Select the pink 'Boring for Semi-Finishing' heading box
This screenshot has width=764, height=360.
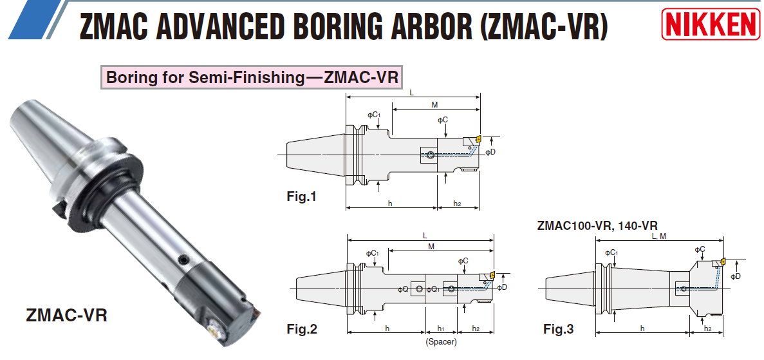252,78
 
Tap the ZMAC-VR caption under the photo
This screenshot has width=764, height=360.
66,316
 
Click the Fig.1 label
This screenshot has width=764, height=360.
301,196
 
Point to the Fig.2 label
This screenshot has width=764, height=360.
302,329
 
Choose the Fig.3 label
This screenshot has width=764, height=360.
558,330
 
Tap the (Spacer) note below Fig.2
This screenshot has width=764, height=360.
442,342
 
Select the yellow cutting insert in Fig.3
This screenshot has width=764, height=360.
722,261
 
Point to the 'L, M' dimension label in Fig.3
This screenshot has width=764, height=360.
658,236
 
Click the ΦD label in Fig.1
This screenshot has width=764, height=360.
490,152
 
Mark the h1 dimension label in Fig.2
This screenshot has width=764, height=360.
441,328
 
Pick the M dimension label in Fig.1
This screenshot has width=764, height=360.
434,104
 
